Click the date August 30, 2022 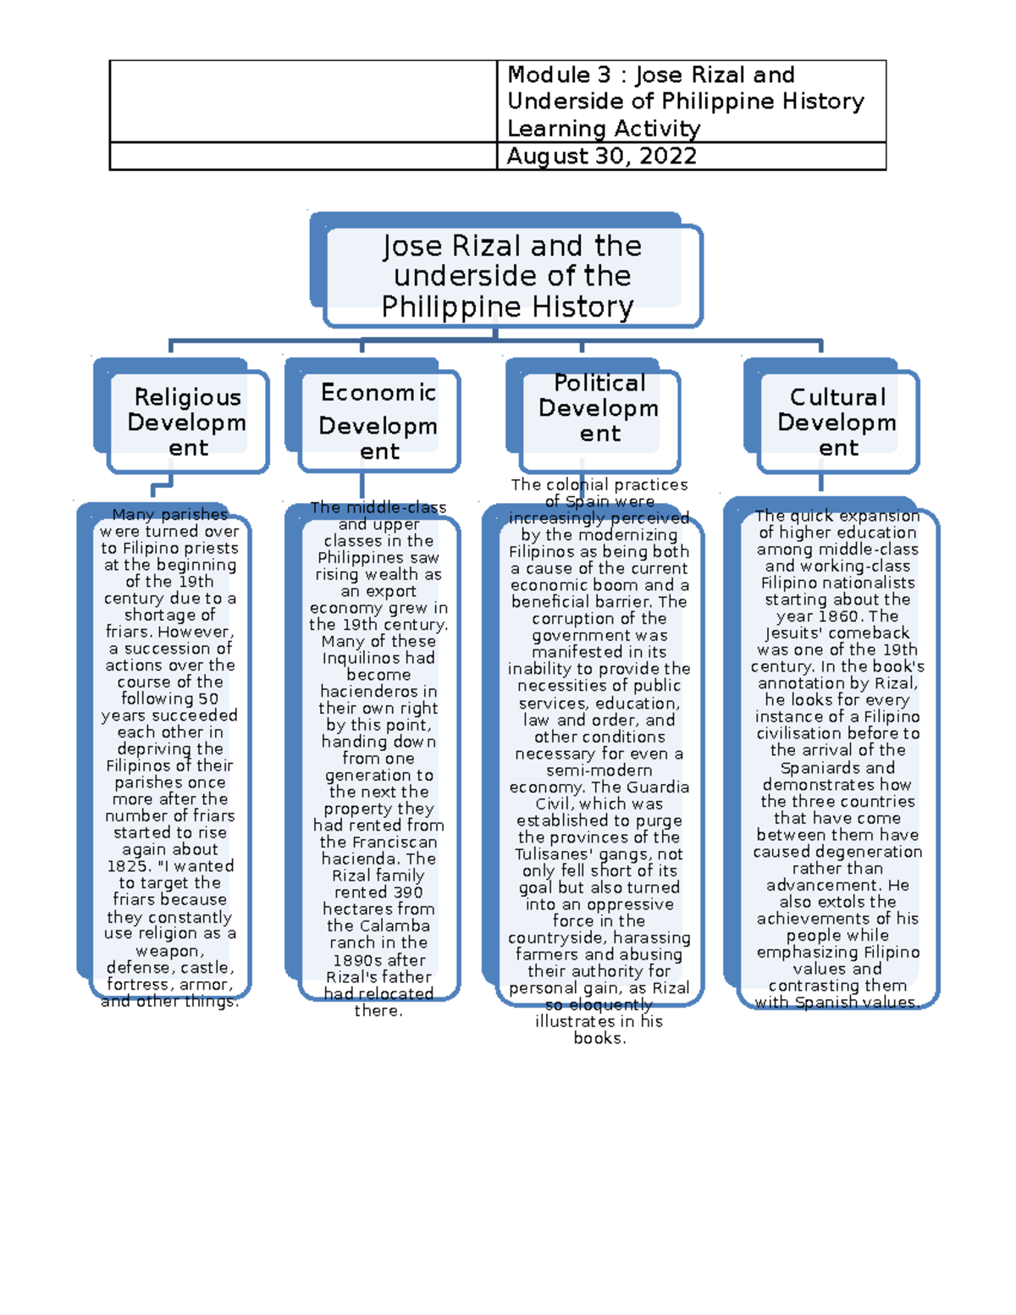[601, 157]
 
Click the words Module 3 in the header [549, 75]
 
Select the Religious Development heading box [187, 422]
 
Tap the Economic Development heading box [378, 422]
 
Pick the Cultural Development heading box [837, 422]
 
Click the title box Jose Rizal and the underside [511, 276]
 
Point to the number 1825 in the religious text [128, 866]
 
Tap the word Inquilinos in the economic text [378, 659]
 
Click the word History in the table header [822, 102]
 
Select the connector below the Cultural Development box [820, 483]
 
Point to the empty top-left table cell [302, 101]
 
